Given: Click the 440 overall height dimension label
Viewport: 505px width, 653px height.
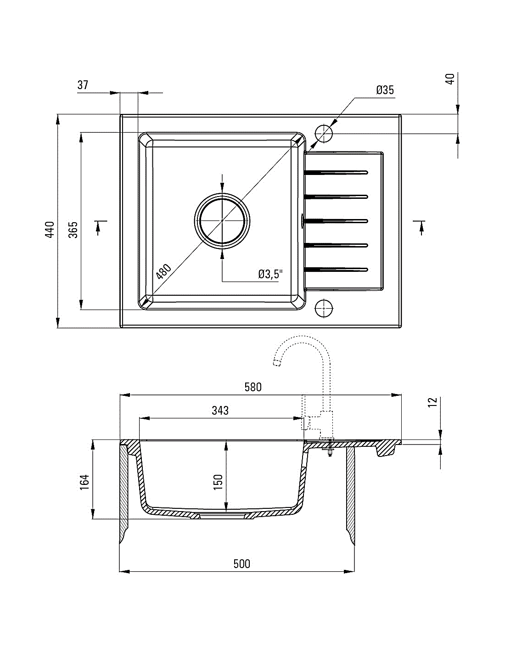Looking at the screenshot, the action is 50,230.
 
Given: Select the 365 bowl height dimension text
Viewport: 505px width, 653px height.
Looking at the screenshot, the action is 73,230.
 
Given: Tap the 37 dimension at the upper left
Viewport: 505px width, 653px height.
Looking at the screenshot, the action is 83,85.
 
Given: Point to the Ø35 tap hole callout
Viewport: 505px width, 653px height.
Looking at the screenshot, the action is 385,90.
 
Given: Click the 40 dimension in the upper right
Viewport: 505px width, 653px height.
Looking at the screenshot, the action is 450,79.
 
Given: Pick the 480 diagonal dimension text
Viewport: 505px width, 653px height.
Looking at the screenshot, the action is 164,272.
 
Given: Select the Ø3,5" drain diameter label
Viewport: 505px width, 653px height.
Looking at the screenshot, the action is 270,274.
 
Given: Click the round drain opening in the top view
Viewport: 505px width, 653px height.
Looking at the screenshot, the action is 222,220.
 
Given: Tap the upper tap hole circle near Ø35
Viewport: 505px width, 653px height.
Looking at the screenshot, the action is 324,134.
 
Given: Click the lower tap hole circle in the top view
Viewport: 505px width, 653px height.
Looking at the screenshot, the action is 324,308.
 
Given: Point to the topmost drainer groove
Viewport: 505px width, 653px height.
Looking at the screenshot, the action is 336,173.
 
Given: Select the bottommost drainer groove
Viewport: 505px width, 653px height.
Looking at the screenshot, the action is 336,269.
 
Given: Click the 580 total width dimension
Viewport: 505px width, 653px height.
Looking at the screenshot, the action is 253,387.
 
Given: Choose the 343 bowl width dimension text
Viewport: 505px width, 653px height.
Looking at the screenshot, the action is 220,411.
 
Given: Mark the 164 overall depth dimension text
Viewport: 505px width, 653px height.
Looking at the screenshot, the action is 85,483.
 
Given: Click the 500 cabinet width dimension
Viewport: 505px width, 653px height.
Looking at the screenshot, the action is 242,564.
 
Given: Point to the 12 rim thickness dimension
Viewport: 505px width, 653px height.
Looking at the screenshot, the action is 432,402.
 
